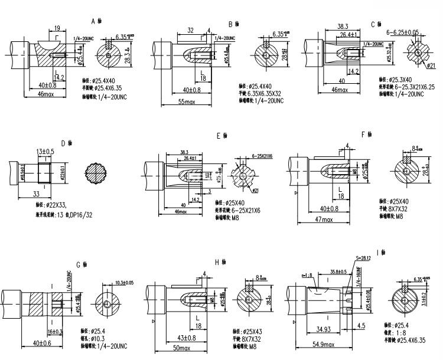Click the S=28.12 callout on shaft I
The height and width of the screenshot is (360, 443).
(x=364, y=258)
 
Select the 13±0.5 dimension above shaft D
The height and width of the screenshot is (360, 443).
(x=46, y=152)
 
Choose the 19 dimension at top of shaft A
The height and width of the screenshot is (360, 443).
(x=57, y=28)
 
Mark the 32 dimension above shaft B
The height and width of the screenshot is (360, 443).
(x=190, y=30)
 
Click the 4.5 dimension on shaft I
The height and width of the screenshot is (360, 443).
(x=361, y=325)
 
